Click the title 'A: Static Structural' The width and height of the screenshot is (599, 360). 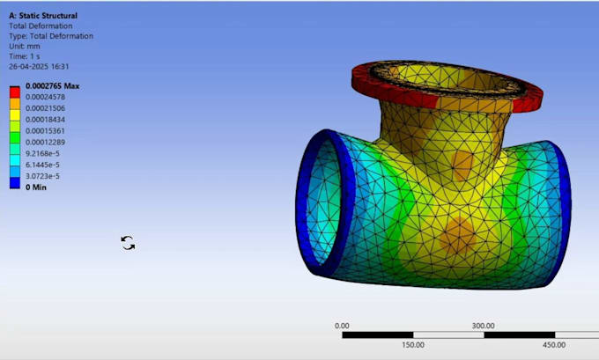[x=42, y=16]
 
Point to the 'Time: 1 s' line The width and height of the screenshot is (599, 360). [x=26, y=56]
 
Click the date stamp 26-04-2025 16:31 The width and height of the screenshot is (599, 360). [x=39, y=67]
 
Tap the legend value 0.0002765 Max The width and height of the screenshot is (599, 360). [x=52, y=85]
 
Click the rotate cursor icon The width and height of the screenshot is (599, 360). [x=128, y=243]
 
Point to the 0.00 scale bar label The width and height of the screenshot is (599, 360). [x=342, y=326]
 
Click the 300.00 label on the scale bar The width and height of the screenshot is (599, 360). [x=482, y=326]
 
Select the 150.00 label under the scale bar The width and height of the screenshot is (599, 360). [x=412, y=345]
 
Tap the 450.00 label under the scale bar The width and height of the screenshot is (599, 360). [x=554, y=345]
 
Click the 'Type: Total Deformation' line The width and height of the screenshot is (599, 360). [x=51, y=36]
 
